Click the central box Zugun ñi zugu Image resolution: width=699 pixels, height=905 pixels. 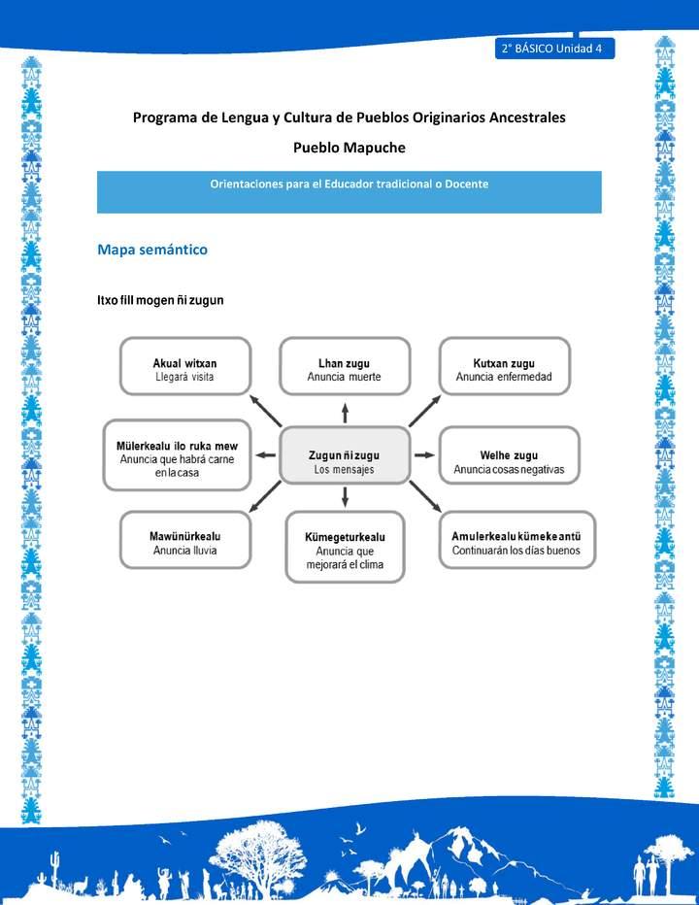coord(345,454)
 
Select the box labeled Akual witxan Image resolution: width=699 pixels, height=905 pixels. coord(184,366)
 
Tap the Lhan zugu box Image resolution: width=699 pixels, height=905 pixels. coord(345,366)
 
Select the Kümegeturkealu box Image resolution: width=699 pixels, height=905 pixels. coord(345,549)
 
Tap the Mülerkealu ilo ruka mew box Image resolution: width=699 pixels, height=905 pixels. coord(177,454)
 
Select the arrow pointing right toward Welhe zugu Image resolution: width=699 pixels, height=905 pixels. coord(424,454)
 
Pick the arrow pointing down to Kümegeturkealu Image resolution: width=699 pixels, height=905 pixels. coord(345,498)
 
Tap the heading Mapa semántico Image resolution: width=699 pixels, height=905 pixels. coord(152,250)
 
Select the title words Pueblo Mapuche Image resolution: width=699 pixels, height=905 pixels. coord(349,148)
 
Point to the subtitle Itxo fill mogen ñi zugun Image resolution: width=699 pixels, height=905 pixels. coord(160,300)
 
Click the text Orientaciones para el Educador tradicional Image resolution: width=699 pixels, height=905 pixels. coord(349,184)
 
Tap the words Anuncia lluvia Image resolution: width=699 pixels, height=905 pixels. coord(184,550)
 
